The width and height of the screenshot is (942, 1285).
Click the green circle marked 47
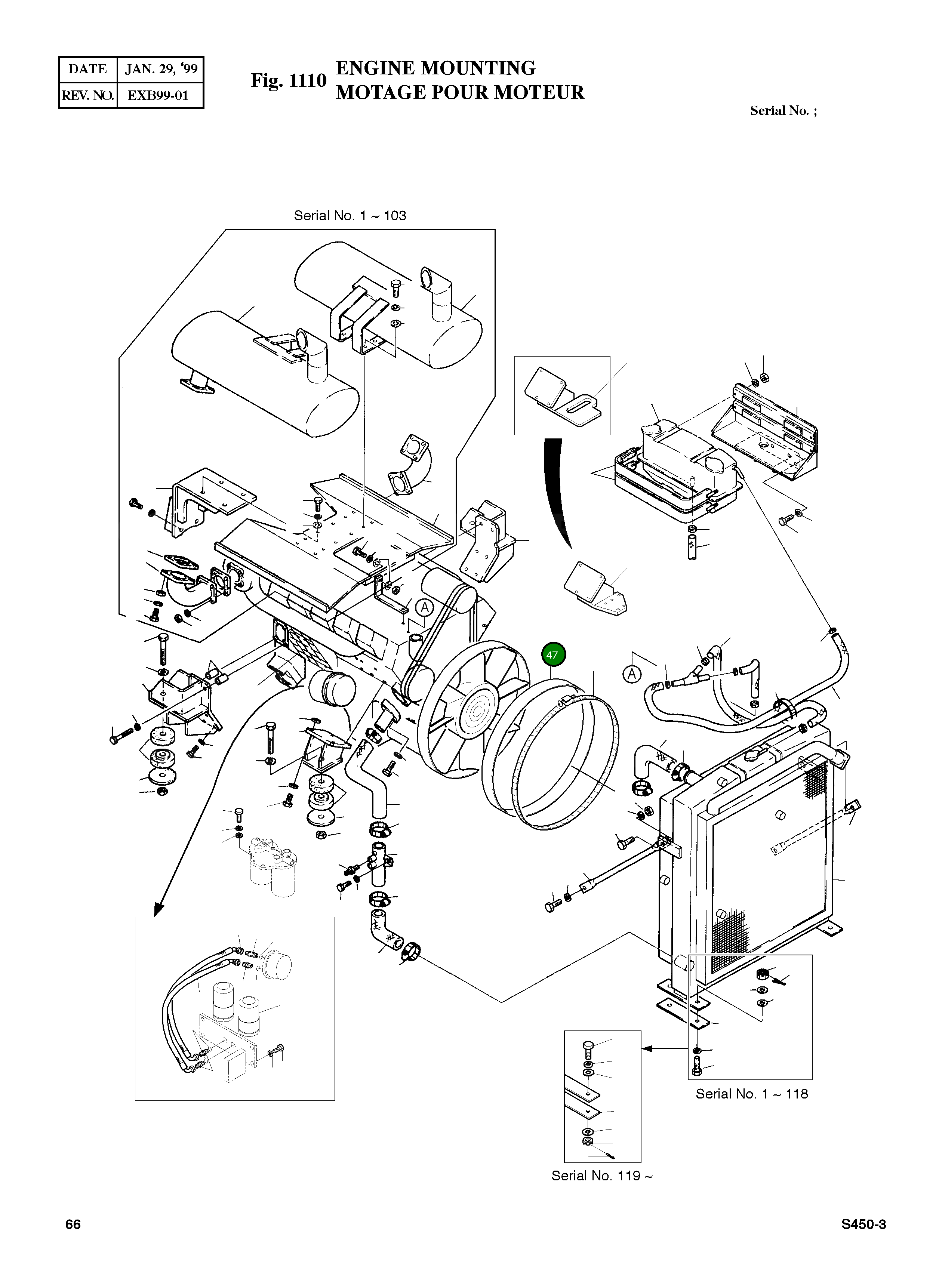click(x=552, y=654)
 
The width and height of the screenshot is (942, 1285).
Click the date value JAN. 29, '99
click(x=161, y=70)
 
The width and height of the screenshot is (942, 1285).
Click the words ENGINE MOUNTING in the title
click(x=435, y=68)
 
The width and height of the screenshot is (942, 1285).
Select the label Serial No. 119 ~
click(x=601, y=1175)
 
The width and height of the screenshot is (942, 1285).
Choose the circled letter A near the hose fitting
click(x=631, y=674)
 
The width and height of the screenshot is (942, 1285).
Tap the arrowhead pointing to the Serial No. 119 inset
click(x=647, y=1048)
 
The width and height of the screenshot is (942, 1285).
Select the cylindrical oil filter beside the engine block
click(x=332, y=689)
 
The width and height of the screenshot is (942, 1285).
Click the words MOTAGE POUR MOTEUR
click(x=459, y=92)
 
